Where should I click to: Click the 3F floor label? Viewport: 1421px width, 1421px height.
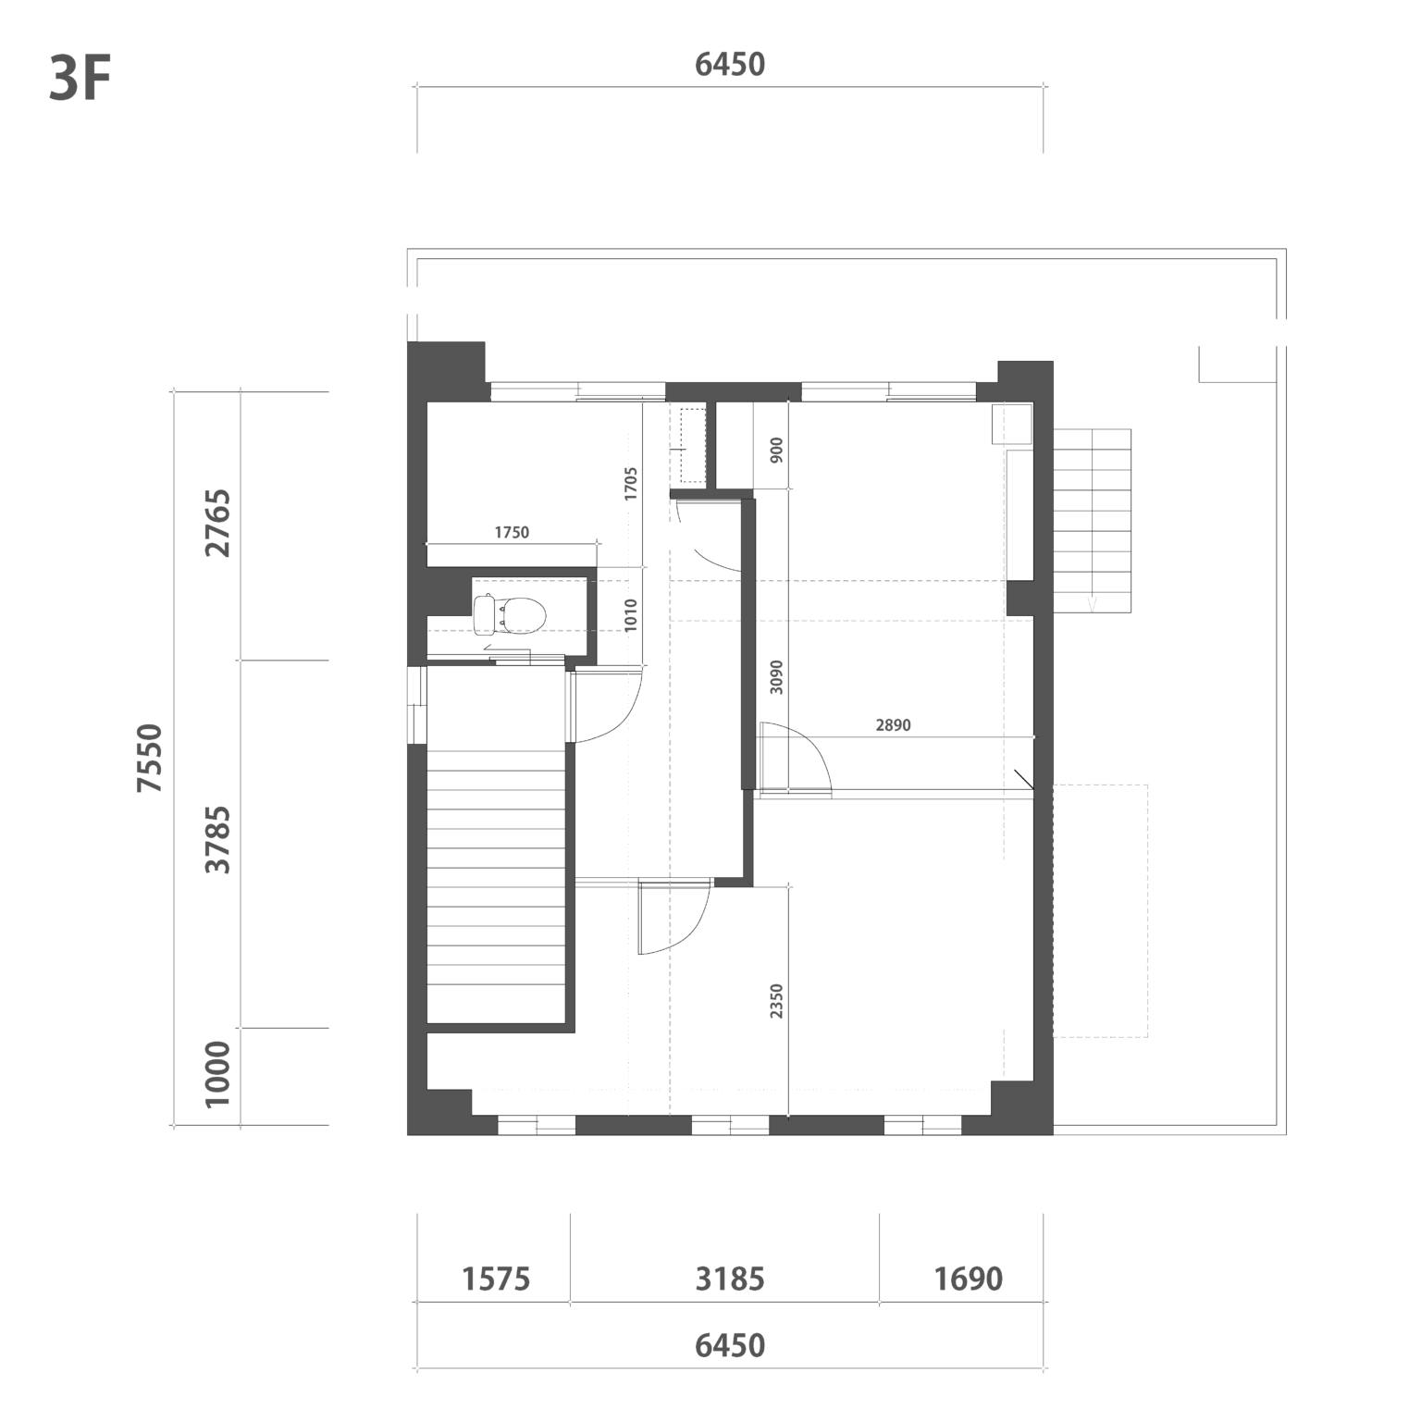(80, 80)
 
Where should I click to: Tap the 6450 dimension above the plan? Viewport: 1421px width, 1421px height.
(730, 64)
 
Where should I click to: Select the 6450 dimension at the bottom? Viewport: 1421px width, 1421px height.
(730, 1344)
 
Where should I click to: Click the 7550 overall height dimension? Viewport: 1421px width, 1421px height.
(149, 758)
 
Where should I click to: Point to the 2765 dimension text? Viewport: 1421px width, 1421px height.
(218, 523)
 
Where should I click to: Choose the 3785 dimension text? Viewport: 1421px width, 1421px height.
(218, 839)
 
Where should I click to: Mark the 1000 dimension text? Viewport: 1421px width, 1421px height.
(218, 1073)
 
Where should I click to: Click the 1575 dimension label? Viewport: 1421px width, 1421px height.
(496, 1279)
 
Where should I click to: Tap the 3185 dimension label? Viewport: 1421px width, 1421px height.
(730, 1279)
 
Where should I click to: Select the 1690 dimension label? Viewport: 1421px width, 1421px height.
(968, 1279)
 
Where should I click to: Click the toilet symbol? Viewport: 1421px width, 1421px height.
(509, 615)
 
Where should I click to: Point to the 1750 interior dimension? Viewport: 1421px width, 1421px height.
(512, 532)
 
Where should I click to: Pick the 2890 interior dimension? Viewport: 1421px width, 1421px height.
(893, 725)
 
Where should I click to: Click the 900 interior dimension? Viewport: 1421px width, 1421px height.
(776, 450)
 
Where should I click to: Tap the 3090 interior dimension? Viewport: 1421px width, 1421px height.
(776, 677)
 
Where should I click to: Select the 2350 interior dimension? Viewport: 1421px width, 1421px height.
(776, 1001)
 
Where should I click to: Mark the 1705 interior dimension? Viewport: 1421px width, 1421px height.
(631, 484)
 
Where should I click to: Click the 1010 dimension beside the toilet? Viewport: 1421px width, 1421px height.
(631, 615)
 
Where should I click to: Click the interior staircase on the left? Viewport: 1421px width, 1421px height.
(496, 886)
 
